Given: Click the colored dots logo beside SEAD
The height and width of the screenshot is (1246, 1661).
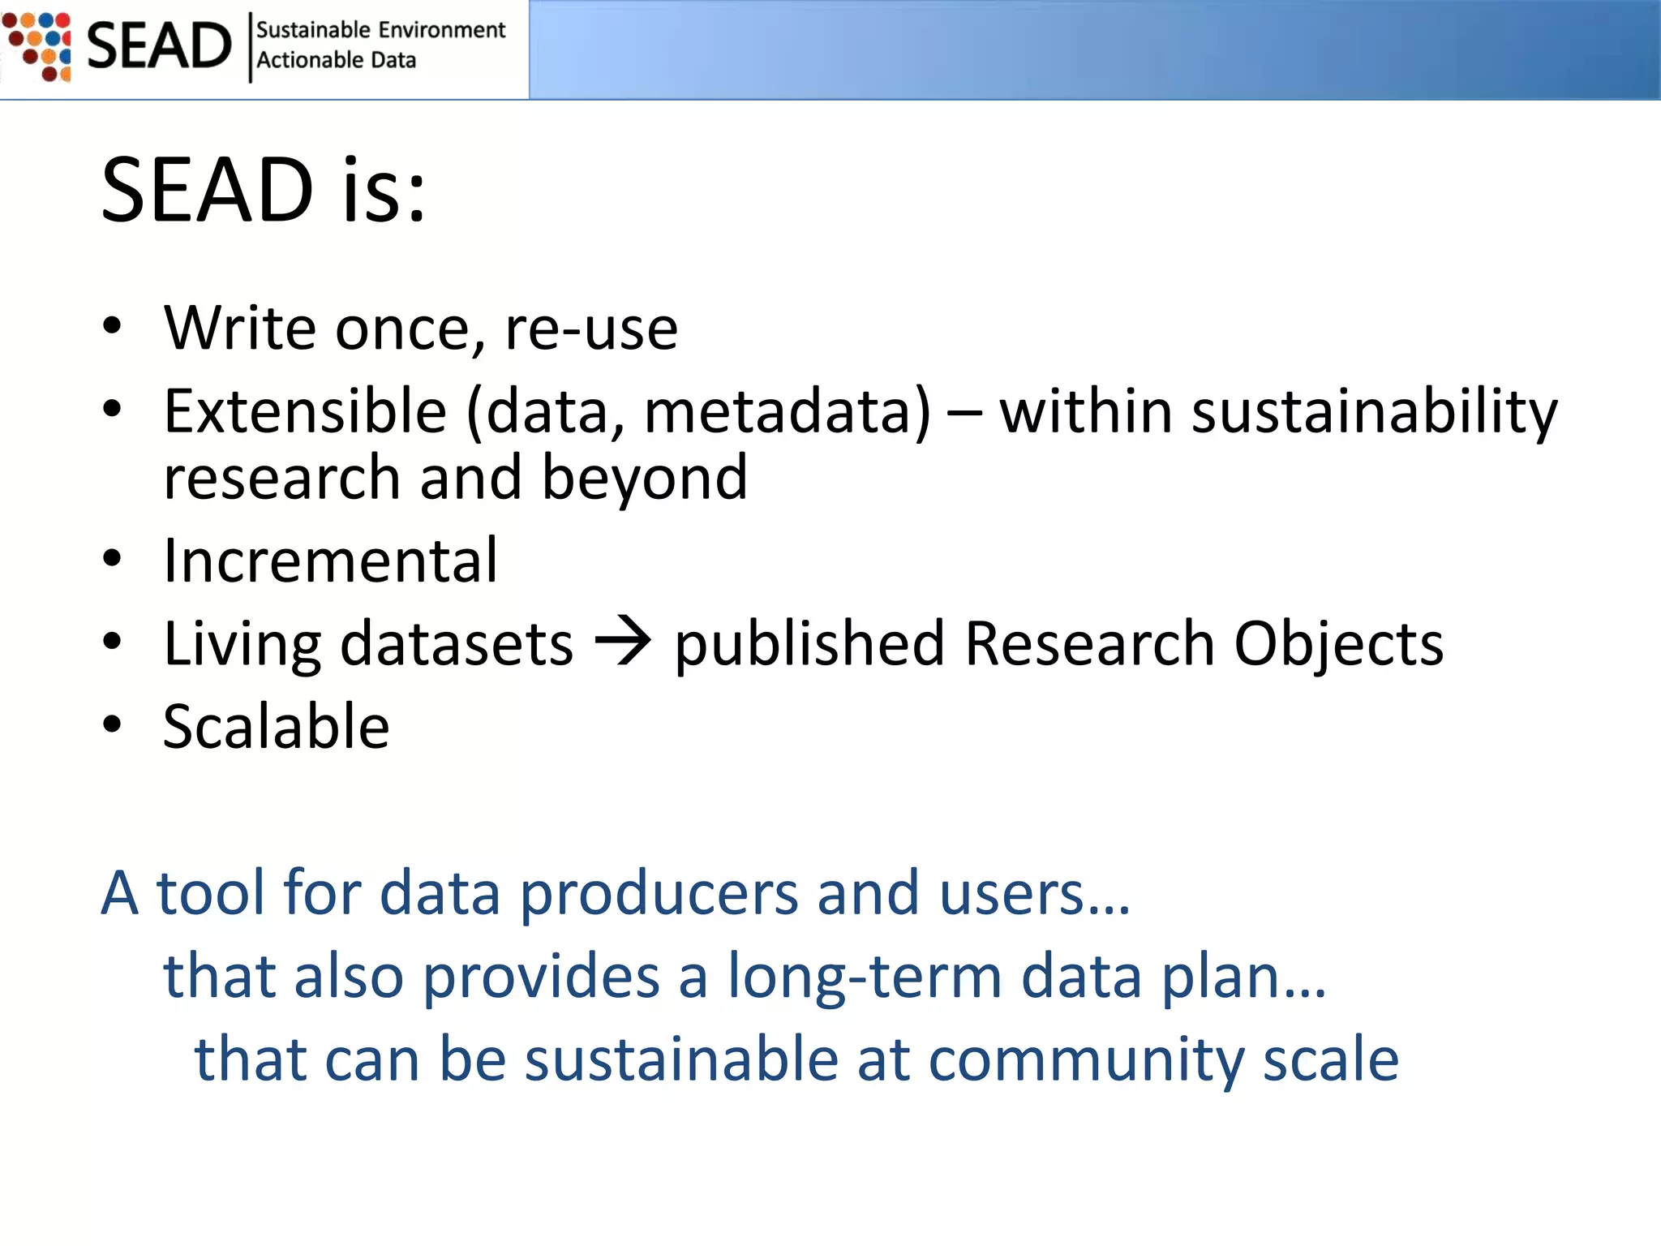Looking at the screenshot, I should click(x=37, y=46).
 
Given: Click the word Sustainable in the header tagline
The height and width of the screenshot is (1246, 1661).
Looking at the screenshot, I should click(x=313, y=30).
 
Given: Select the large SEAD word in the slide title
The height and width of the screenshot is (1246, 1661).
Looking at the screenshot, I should click(x=207, y=191).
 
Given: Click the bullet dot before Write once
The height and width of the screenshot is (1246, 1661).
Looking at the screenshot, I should click(x=112, y=326).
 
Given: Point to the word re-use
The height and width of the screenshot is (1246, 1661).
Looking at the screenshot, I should click(x=591, y=329).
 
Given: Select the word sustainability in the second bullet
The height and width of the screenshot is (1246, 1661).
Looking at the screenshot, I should click(x=1374, y=412).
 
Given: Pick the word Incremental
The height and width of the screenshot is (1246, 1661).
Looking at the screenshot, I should click(x=330, y=561).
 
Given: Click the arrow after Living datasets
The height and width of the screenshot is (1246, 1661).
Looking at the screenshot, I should click(x=623, y=642).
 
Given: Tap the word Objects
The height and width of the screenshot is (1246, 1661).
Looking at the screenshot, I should click(x=1338, y=645).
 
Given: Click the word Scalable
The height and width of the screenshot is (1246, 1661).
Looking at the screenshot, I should click(x=276, y=726).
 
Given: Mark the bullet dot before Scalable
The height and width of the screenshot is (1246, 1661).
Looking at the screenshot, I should click(x=112, y=724).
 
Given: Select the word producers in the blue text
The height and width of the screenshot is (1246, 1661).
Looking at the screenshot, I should click(x=658, y=894).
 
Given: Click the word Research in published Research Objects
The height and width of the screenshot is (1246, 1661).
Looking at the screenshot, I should click(x=1089, y=643).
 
